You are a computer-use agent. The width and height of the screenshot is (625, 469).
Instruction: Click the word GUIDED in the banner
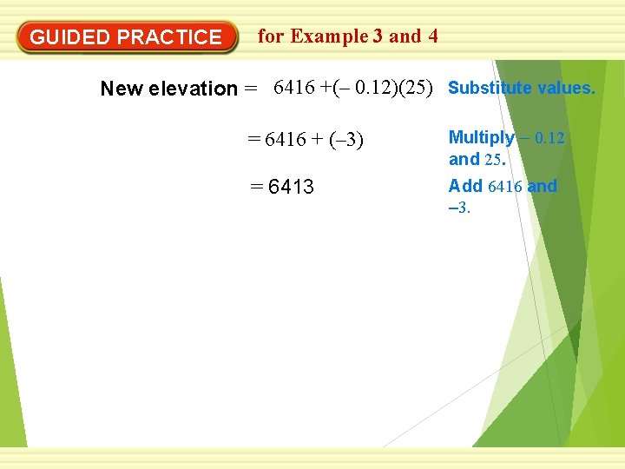[70, 37]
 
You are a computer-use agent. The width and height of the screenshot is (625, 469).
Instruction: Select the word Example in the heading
[329, 36]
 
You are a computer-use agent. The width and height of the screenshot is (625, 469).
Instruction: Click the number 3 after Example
[378, 36]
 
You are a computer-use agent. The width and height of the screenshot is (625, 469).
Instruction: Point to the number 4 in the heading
[432, 36]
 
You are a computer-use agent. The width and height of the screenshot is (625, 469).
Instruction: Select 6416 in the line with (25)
[293, 88]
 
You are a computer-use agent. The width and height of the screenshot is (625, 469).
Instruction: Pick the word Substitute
[490, 89]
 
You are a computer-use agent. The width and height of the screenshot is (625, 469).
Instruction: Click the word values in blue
[566, 89]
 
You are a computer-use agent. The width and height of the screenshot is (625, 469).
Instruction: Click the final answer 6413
[292, 188]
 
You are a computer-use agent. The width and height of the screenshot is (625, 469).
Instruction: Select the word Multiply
[481, 137]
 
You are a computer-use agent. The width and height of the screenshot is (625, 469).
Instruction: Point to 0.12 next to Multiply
[549, 138]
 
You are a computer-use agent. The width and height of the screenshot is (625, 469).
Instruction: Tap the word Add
[465, 186]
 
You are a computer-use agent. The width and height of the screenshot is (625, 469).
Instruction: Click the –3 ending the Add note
[458, 208]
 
